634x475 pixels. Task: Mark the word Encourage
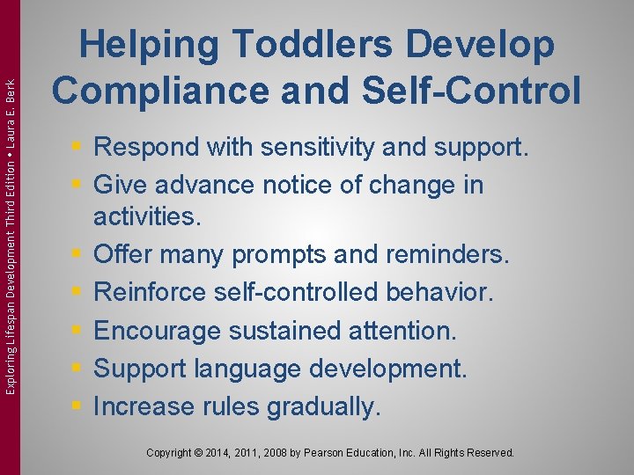click(x=158, y=331)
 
